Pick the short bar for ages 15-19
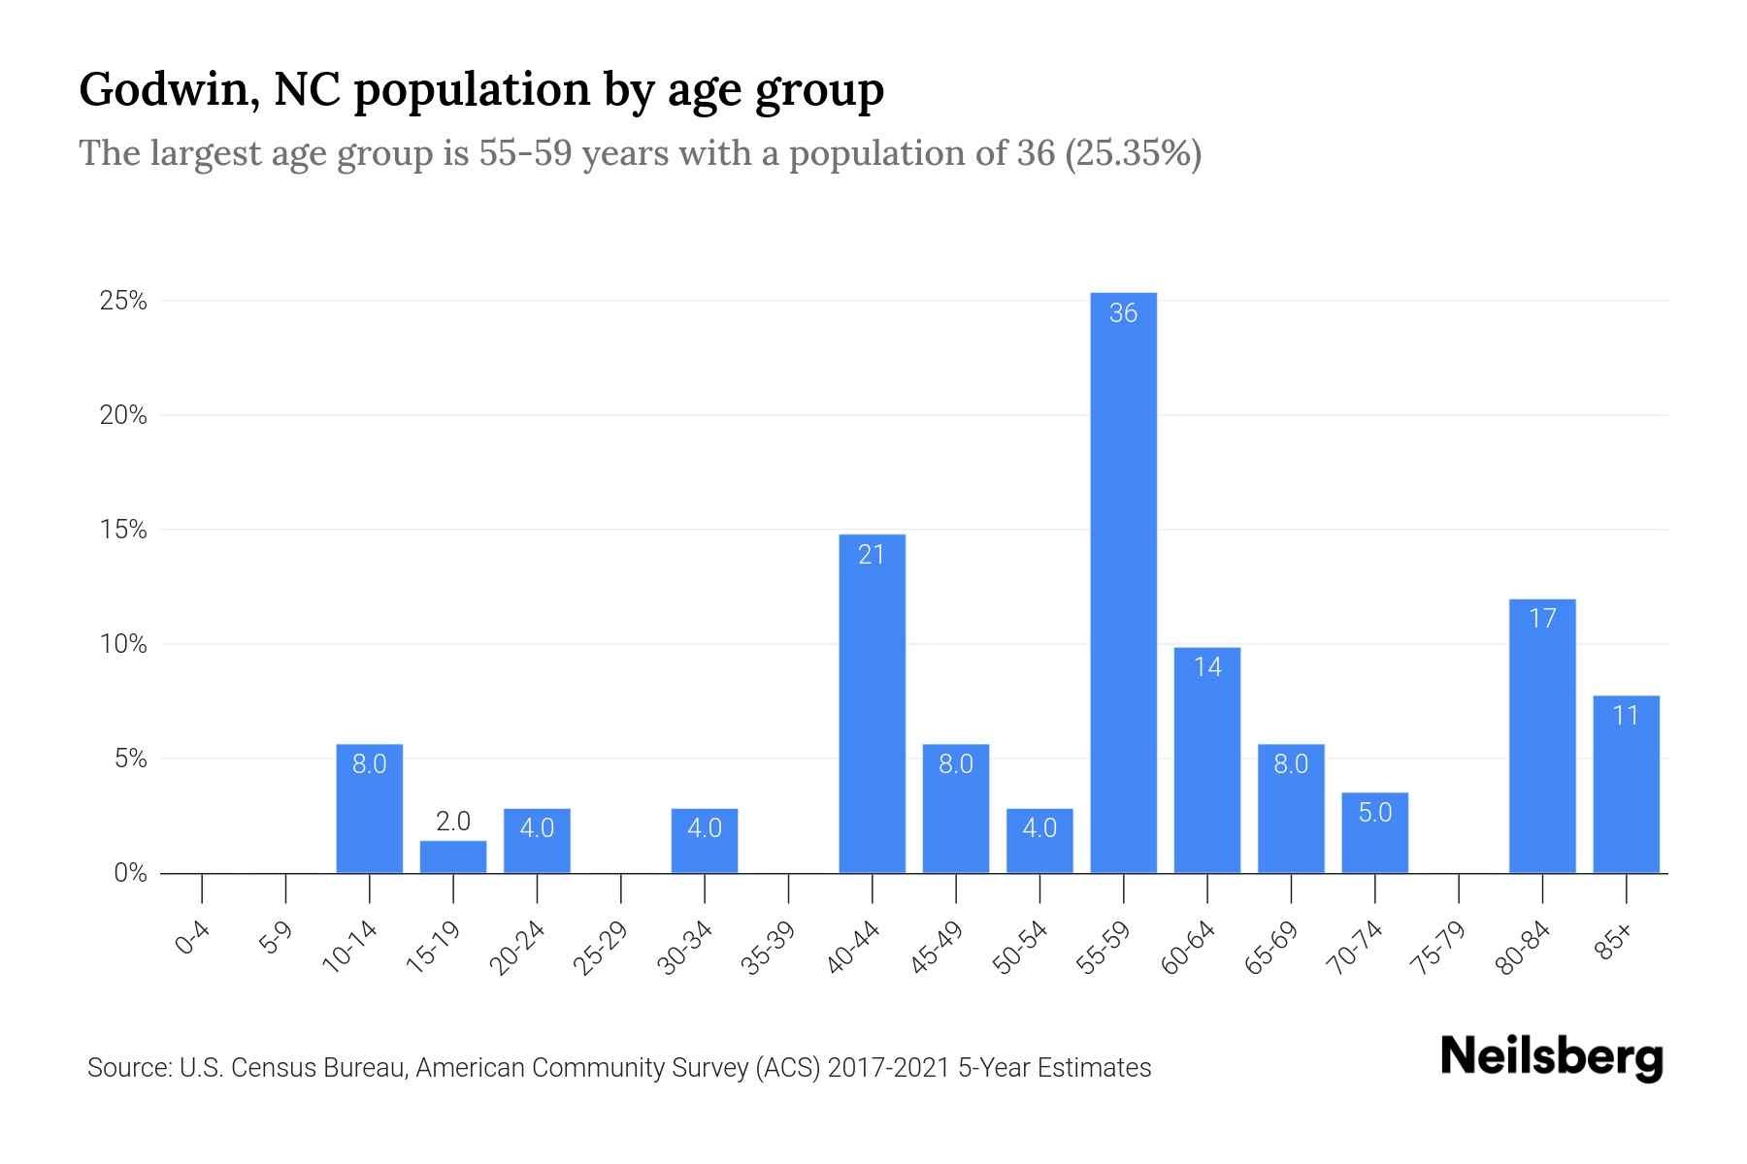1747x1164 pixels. coord(453,857)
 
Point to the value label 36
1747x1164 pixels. coord(1123,313)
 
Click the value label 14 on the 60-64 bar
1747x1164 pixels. coord(1207,667)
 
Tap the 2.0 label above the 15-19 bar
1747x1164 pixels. coord(453,823)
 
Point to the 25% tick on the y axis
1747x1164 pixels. coord(123,302)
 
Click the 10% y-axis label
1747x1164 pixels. coord(123,645)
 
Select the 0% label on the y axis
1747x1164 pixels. coord(130,874)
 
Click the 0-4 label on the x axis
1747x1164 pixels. coord(192,939)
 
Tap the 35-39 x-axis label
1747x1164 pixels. coord(769,949)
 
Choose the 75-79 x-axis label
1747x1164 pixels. coord(1439,949)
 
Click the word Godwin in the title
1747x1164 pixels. coord(168,90)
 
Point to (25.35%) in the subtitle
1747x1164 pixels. coord(1133,154)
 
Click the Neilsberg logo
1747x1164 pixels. coord(1551,1057)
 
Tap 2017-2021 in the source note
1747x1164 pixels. coord(888,1068)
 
